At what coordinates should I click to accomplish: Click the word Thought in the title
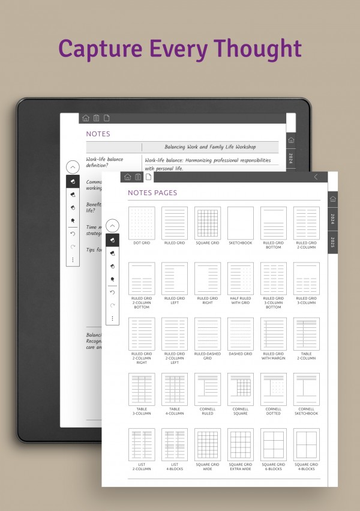click(x=256, y=48)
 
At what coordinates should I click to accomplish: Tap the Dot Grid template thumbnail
click(x=142, y=223)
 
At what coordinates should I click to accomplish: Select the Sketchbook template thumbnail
click(x=240, y=223)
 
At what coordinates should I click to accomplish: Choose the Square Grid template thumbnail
click(x=207, y=223)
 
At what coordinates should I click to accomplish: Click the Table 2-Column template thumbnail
click(x=306, y=334)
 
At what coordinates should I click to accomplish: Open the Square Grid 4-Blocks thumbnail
click(x=306, y=444)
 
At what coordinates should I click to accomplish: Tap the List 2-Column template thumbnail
click(x=142, y=444)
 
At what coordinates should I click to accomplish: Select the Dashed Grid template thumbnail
click(x=240, y=334)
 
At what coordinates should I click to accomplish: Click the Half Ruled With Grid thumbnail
click(x=240, y=279)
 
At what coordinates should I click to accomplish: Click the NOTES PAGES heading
click(x=152, y=193)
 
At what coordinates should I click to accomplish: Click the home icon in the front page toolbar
click(x=127, y=177)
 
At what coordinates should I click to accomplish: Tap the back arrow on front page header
click(x=316, y=177)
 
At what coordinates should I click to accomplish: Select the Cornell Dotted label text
click(x=273, y=411)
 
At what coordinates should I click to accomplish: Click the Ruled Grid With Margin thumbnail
click(x=273, y=334)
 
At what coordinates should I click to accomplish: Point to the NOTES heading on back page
click(x=98, y=134)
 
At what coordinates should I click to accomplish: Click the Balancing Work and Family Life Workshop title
click(x=210, y=147)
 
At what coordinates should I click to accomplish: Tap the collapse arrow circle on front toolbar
click(x=113, y=226)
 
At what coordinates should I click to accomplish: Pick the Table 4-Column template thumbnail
click(x=175, y=389)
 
